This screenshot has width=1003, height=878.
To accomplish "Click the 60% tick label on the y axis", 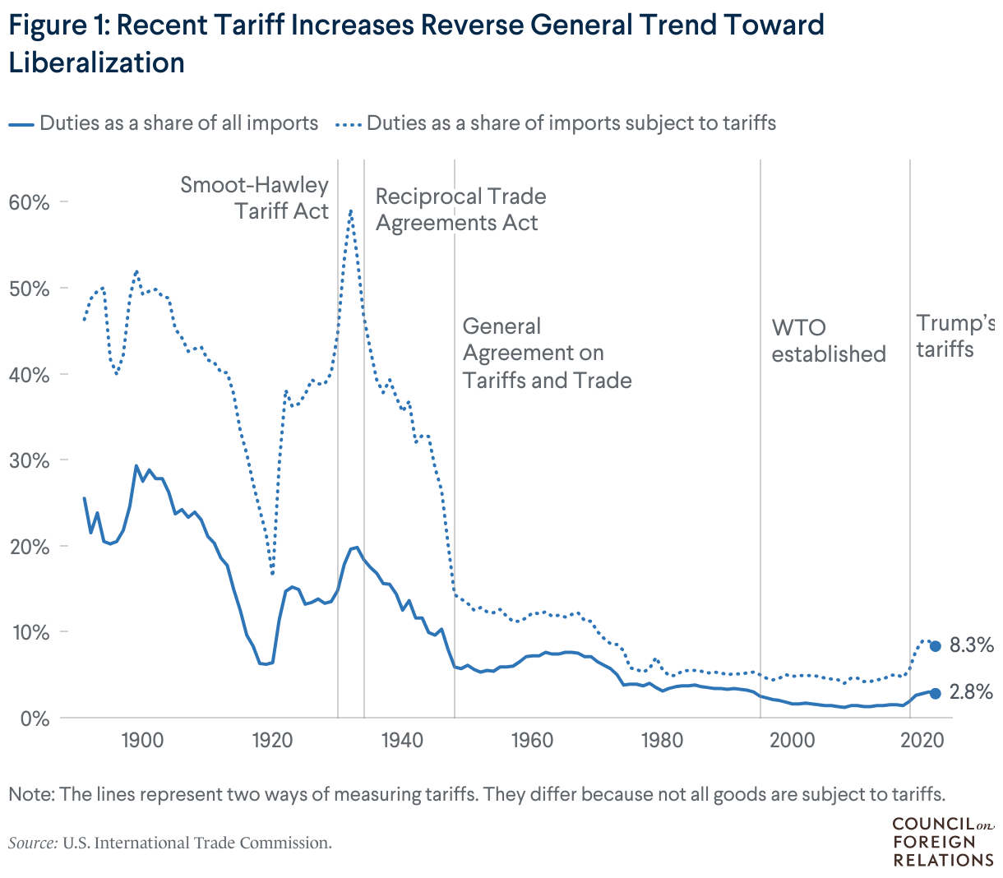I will pyautogui.click(x=29, y=202).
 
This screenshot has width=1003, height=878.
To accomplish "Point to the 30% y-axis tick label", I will pyautogui.click(x=29, y=460).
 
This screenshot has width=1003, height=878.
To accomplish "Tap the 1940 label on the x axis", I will pyautogui.click(x=402, y=740).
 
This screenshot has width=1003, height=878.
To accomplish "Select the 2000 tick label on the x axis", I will pyautogui.click(x=792, y=740).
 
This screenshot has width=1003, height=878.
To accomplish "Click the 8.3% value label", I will pyautogui.click(x=971, y=645).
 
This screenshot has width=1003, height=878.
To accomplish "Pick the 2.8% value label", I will pyautogui.click(x=971, y=693).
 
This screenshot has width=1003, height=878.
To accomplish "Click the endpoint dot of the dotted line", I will pyautogui.click(x=935, y=646).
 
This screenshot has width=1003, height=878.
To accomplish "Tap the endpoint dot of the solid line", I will pyautogui.click(x=935, y=693).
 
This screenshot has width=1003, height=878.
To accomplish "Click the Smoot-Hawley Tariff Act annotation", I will pyautogui.click(x=255, y=198).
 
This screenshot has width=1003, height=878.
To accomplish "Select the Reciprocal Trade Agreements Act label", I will pyautogui.click(x=460, y=210).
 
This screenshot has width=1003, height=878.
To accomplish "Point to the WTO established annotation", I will pyautogui.click(x=828, y=341).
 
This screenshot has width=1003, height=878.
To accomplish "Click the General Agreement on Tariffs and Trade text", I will pyautogui.click(x=547, y=354).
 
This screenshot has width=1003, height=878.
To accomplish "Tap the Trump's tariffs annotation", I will pyautogui.click(x=954, y=336).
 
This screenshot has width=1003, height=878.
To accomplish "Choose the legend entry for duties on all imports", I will pyautogui.click(x=164, y=124).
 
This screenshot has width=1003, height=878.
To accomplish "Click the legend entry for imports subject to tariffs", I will pyautogui.click(x=557, y=124).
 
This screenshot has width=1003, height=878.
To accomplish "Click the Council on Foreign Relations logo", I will pyautogui.click(x=942, y=842).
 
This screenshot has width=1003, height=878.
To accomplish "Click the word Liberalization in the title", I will pyautogui.click(x=96, y=62).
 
